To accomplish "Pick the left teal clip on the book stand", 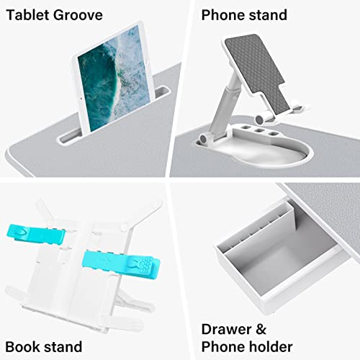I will point(48,234).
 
